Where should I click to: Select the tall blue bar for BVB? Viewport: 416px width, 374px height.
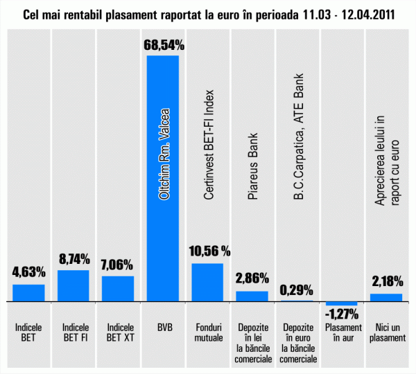tap(163, 208)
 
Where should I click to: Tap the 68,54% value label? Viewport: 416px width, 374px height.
tap(164, 46)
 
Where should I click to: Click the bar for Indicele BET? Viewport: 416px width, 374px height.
tap(28, 293)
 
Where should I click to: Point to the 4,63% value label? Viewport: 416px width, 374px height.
tap(28, 273)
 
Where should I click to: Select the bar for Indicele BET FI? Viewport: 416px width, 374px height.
tap(73, 286)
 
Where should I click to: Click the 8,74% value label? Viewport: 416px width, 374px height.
tap(73, 259)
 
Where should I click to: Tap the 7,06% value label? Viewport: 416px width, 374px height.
tap(118, 265)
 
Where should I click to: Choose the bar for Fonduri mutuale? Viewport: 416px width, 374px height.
tap(207, 283)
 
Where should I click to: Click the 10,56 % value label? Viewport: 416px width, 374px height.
tap(208, 251)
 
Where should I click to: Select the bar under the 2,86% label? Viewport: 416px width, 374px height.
tap(252, 296)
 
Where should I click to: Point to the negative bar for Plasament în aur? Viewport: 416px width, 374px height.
tap(341, 304)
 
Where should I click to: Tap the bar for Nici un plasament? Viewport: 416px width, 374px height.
tap(386, 298)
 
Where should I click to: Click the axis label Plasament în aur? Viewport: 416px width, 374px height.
tap(341, 331)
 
